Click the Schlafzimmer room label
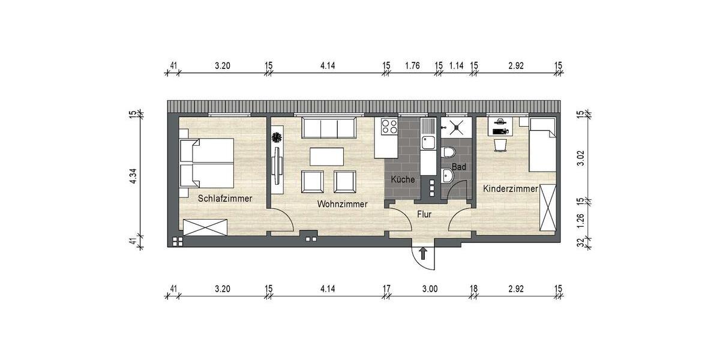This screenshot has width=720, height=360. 225,198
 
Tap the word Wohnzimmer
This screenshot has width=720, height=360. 342,204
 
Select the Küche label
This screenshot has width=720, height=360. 403,179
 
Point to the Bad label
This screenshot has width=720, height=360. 458,167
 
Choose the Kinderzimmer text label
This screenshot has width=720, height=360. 510,189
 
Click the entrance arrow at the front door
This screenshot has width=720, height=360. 423,253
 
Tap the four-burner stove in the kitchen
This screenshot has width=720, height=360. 388,127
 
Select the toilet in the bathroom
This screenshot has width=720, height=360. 448,154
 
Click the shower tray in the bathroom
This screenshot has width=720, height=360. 457,127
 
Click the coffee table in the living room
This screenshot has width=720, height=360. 326,157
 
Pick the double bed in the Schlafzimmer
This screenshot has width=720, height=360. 206,162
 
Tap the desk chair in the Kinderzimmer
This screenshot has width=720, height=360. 500,145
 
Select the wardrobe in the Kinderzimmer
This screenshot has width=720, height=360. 548,208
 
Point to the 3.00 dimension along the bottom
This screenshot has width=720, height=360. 430,289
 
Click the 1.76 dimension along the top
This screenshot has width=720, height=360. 412,66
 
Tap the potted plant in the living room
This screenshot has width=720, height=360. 276,137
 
